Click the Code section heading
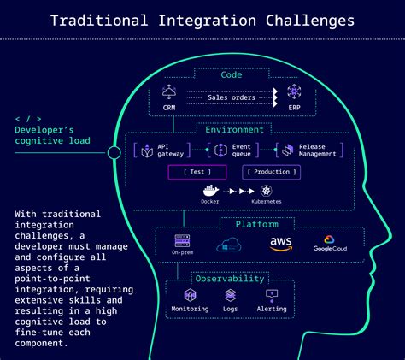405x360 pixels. pyautogui.click(x=232, y=75)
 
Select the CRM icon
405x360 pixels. pyautogui.click(x=168, y=92)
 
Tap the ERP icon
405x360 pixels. pyautogui.click(x=294, y=92)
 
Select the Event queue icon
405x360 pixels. pyautogui.click(x=220, y=150)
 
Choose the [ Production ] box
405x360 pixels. pyautogui.click(x=273, y=172)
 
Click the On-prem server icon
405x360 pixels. pyautogui.click(x=182, y=241)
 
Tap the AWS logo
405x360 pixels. pyautogui.click(x=280, y=244)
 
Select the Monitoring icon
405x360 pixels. pyautogui.click(x=190, y=295)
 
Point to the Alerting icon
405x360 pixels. pyautogui.click(x=273, y=295)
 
